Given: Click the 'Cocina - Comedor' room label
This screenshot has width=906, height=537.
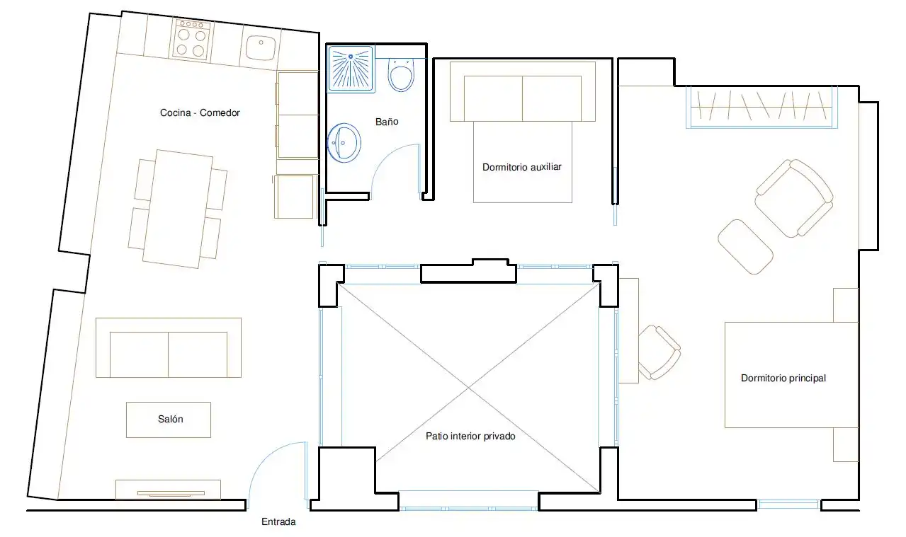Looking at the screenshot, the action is [200, 112].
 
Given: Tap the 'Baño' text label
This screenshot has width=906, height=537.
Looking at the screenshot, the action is [387, 122].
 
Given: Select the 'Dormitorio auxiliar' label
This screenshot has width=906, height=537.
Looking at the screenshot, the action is [522, 167].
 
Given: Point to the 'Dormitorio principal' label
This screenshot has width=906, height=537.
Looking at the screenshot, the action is [783, 379].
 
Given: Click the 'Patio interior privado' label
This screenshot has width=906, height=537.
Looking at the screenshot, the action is [470, 436].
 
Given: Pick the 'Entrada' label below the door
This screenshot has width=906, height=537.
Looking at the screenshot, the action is [278, 521].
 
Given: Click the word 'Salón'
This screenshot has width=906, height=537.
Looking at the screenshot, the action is [170, 419].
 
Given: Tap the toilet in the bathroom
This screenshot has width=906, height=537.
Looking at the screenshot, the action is [401, 75].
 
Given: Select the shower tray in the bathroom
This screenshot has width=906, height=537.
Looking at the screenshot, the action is [351, 69].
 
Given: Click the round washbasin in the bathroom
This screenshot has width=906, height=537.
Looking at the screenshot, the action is [344, 143].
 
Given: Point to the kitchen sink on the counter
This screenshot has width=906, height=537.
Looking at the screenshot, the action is [261, 47].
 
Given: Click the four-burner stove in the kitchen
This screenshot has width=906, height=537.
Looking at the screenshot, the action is [192, 40].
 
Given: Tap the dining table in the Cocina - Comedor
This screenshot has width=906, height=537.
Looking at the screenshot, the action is [178, 209].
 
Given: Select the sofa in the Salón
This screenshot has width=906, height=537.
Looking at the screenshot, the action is [169, 347].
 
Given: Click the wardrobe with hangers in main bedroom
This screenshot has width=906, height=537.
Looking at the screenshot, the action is [761, 107].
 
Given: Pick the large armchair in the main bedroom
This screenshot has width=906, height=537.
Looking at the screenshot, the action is [794, 198].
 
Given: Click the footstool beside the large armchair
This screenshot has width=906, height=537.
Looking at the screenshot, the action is [745, 247].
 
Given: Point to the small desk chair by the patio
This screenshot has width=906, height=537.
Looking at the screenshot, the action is [659, 352].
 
